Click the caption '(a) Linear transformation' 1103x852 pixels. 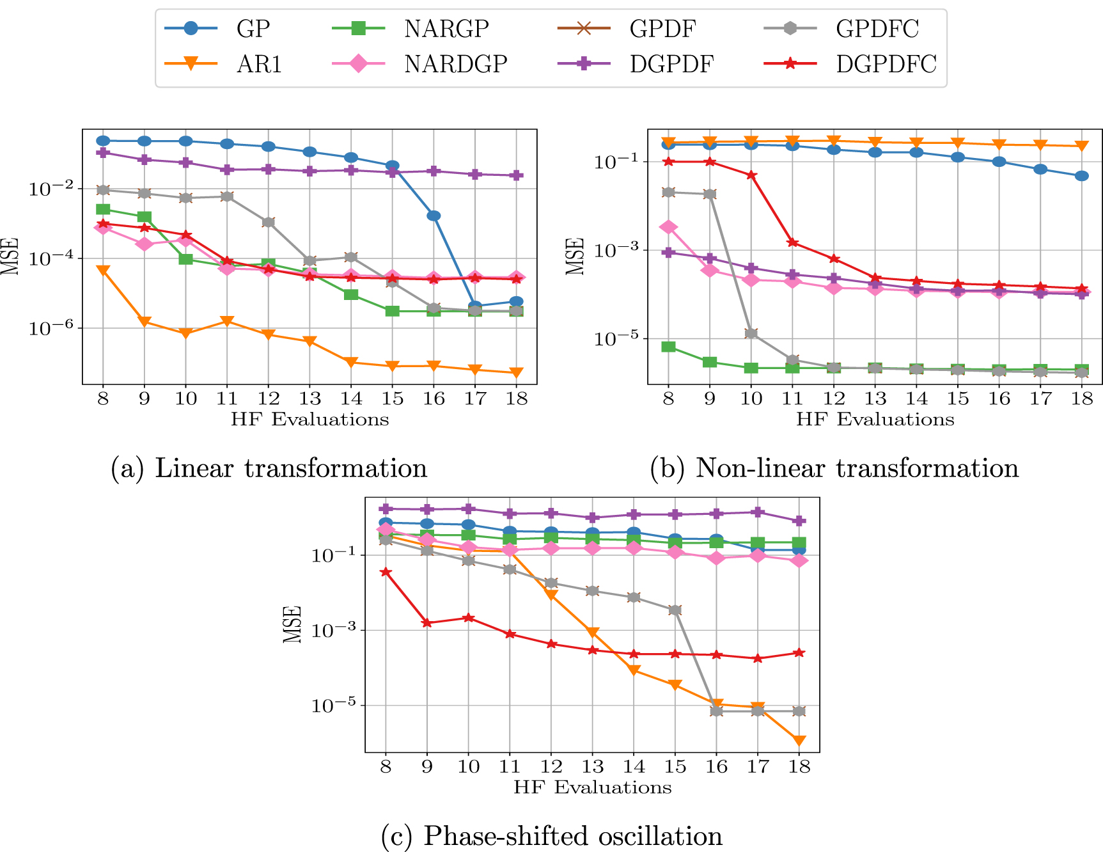[x=269, y=468]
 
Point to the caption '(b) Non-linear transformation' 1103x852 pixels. [x=834, y=468]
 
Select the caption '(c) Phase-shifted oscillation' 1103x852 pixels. [x=551, y=836]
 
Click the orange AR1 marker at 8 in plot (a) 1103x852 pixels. [x=103, y=271]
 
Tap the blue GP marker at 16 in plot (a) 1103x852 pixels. [x=434, y=216]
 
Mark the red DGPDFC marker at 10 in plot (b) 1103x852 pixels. [x=751, y=175]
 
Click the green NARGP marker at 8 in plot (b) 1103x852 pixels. [x=668, y=347]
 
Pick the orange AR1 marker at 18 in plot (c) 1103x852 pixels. [x=799, y=741]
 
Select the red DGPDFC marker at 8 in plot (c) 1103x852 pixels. [x=386, y=572]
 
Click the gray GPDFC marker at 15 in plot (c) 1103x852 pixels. [x=675, y=610]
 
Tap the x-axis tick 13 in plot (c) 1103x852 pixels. [x=593, y=766]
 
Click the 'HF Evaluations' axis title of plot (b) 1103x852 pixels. [x=875, y=420]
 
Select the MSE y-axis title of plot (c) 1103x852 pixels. [x=292, y=624]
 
